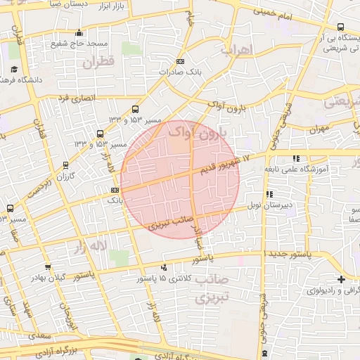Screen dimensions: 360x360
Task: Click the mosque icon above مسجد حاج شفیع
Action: pyautogui.click(x=79, y=32)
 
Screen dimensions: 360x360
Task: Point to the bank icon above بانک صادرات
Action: pyautogui.click(x=181, y=61)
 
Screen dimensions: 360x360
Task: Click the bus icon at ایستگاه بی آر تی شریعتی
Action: pyautogui.click(x=341, y=27)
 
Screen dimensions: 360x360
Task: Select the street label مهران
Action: pyautogui.click(x=319, y=129)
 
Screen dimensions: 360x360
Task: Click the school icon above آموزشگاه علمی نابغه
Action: pyautogui.click(x=297, y=158)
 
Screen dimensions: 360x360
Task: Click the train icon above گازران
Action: pyautogui.click(x=66, y=166)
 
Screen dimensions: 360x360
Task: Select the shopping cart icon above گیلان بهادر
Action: pyautogui.click(x=47, y=266)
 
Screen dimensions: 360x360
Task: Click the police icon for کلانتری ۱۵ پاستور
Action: pyautogui.click(x=163, y=267)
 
